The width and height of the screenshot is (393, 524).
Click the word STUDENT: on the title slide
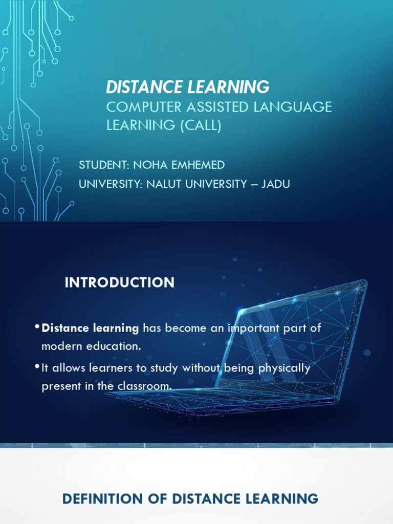(104, 165)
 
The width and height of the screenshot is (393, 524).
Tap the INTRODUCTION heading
(120, 282)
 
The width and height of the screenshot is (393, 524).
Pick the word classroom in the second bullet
(144, 386)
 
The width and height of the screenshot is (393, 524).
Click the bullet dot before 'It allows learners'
(37, 366)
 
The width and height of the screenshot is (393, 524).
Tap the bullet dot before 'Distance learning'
(37, 326)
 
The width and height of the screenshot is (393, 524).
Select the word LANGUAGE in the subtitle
(293, 107)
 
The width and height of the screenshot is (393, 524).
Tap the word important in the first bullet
(253, 329)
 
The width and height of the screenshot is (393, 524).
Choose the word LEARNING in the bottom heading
(282, 498)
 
